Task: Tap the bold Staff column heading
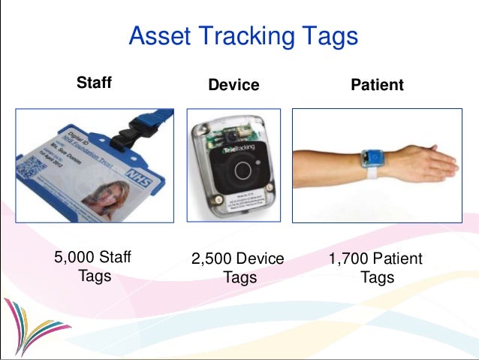[x=94, y=83]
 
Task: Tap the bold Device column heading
[x=233, y=85]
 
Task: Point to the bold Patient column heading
[x=377, y=85]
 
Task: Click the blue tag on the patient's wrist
[x=372, y=158]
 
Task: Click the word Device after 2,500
[x=262, y=259]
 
